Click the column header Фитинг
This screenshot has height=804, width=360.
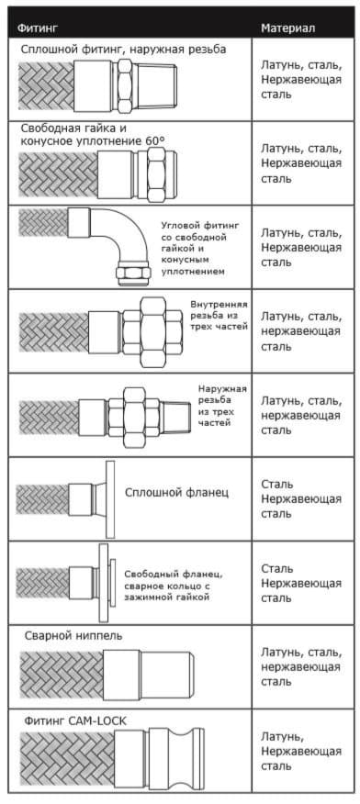38,28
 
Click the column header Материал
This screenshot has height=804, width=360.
287,28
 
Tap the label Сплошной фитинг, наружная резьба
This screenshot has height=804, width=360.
124,50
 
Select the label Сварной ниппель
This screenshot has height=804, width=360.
73,636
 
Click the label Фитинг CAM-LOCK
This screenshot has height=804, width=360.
75,720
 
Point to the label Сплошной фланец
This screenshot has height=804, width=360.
177,493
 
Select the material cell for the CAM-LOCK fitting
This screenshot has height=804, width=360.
301,752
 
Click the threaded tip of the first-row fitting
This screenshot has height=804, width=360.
163,85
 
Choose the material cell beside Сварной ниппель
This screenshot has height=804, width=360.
301,667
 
